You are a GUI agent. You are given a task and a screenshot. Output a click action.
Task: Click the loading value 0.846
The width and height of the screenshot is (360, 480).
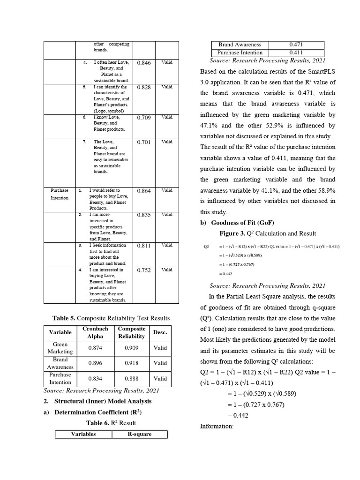click(144, 63)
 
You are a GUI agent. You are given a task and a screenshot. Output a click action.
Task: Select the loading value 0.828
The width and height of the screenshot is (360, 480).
click(144, 88)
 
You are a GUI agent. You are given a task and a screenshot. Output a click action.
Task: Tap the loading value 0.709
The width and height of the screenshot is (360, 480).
click(144, 118)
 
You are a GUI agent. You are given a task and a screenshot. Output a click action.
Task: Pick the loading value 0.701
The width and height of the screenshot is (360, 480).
click(144, 142)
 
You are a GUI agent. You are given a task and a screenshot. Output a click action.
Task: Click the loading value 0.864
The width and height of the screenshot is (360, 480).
click(144, 191)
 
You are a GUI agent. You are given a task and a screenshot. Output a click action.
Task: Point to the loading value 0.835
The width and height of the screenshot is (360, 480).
click(144, 215)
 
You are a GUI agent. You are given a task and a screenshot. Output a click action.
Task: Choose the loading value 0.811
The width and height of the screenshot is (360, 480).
click(144, 246)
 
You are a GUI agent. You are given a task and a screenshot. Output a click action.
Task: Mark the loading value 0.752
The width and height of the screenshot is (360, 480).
click(144, 270)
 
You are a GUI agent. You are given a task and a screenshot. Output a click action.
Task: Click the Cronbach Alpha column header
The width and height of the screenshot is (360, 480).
click(95, 332)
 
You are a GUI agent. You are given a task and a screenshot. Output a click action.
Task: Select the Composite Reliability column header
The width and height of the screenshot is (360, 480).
click(131, 332)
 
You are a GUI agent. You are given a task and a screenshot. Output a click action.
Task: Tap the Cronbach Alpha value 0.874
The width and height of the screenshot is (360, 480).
click(95, 348)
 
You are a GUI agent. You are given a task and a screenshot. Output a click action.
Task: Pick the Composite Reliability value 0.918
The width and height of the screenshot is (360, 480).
click(131, 363)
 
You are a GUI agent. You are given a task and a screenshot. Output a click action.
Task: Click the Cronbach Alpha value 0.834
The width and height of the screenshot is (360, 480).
click(95, 378)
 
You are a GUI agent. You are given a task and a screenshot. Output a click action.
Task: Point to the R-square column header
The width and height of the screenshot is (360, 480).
click(139, 434)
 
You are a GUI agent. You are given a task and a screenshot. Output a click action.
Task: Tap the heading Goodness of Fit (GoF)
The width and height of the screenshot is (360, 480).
click(242, 223)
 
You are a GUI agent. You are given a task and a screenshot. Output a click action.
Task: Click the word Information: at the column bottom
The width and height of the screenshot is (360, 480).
click(216, 427)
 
